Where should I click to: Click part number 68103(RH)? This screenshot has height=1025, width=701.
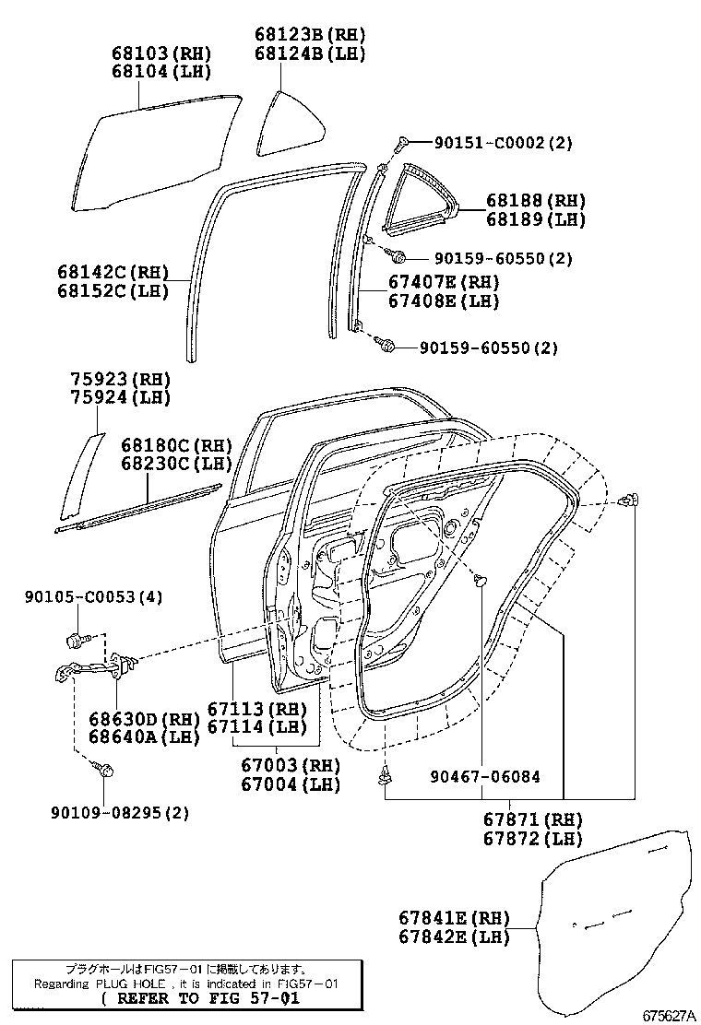pyautogui.click(x=154, y=53)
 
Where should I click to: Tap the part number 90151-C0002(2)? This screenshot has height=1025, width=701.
pyautogui.click(x=504, y=143)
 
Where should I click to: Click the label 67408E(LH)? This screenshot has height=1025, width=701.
pyautogui.click(x=443, y=301)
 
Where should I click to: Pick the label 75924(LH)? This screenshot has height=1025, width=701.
pyautogui.click(x=122, y=398)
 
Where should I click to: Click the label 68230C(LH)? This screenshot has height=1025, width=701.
pyautogui.click(x=176, y=464)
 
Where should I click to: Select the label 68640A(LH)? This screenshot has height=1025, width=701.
pyautogui.click(x=132, y=737)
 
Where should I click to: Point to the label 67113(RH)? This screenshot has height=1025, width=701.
pyautogui.click(x=256, y=709)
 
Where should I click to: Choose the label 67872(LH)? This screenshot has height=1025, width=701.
pyautogui.click(x=532, y=839)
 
